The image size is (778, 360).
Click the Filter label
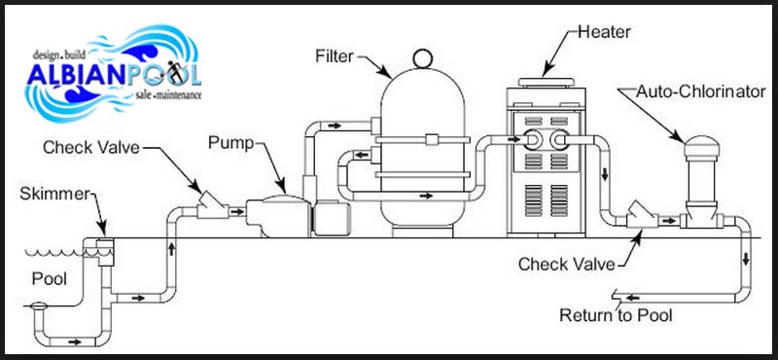pyautogui.click(x=335, y=56)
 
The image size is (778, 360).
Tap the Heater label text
pyautogui.click(x=604, y=32)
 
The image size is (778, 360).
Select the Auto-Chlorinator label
pyautogui.click(x=701, y=91)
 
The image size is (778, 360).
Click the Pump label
pyautogui.click(x=230, y=143)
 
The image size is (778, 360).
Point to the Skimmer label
pyautogui.click(x=54, y=195)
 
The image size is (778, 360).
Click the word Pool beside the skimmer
pyautogui.click(x=50, y=279)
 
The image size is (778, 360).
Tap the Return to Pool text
pyautogui.click(x=616, y=315)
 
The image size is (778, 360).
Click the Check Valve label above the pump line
pyautogui.click(x=91, y=148)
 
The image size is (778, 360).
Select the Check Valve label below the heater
pyautogui.click(x=567, y=265)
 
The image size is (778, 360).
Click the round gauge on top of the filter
pyautogui.click(x=422, y=58)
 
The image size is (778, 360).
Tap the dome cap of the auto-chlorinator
pyautogui.click(x=701, y=146)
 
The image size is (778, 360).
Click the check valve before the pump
pyautogui.click(x=212, y=206)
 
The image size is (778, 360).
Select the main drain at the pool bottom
pyautogui.click(x=37, y=306)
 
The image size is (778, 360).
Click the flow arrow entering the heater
pyautogui.click(x=514, y=140)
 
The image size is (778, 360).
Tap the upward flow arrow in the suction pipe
pyautogui.click(x=172, y=248)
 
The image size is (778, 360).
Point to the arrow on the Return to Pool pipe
pyautogui.click(x=632, y=298)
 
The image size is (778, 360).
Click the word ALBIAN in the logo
pyautogui.click(x=77, y=75)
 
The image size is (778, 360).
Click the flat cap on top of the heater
pyautogui.click(x=546, y=82)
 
